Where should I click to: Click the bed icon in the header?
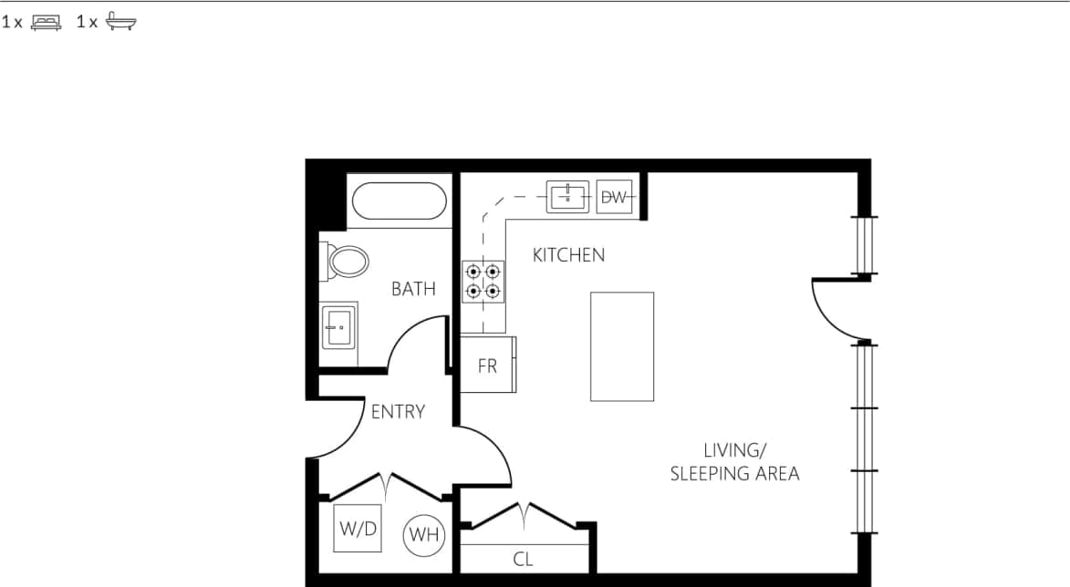[x=46, y=23]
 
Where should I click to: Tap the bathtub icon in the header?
[x=120, y=23]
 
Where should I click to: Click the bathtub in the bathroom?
[x=400, y=201]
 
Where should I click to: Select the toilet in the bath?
[x=347, y=262]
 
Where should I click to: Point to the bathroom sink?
[x=338, y=325]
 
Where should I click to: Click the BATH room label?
[x=413, y=289]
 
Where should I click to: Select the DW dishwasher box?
[x=615, y=197]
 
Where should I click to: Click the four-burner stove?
[x=483, y=281]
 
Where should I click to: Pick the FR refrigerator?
[x=487, y=366]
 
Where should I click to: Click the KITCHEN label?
[x=568, y=255]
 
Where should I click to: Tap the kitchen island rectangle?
[x=622, y=346]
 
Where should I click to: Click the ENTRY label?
[x=398, y=412]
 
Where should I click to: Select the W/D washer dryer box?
[x=358, y=528]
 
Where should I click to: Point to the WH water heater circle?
[x=424, y=535]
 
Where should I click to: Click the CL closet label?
[x=523, y=559]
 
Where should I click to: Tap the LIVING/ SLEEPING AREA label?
[x=734, y=462]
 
